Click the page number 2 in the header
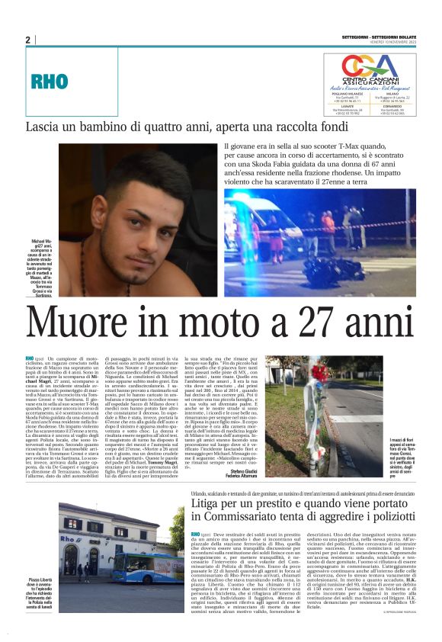point(27,39)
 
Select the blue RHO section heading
point(48,81)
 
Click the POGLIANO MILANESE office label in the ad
point(345,93)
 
